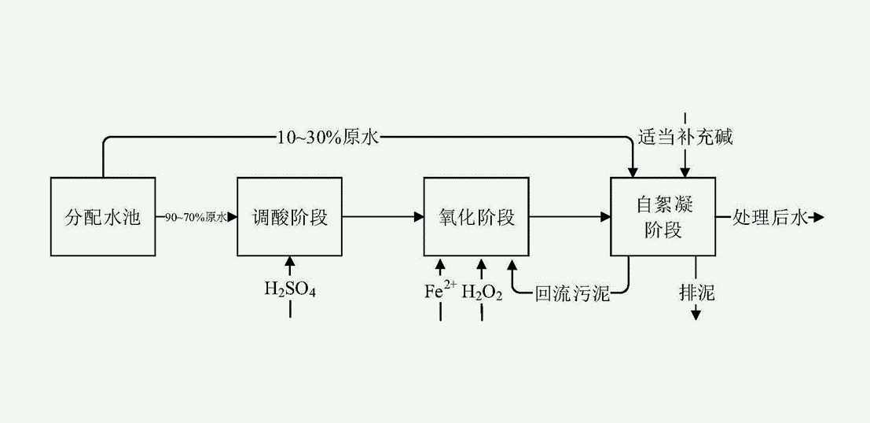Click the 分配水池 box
click(102, 217)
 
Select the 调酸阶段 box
click(289, 217)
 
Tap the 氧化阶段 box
click(475, 217)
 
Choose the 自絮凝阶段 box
click(663, 217)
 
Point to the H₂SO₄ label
click(290, 290)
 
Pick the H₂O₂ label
click(481, 293)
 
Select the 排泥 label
click(696, 292)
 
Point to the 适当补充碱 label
click(683, 138)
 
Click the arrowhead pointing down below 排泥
click(696, 315)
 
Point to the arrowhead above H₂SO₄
click(290, 262)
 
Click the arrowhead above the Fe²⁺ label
click(439, 262)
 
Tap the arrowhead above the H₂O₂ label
click(481, 262)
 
